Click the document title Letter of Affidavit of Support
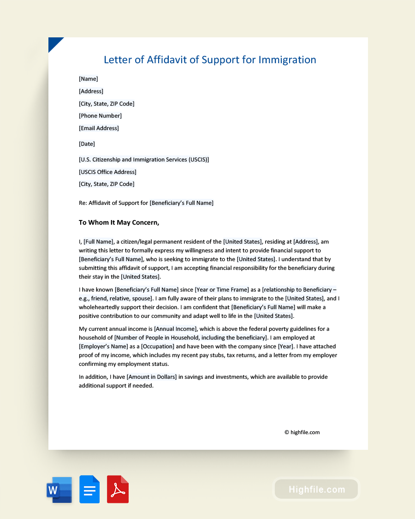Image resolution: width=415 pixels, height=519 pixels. pos(210,60)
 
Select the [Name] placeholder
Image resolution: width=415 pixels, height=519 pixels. pos(89,79)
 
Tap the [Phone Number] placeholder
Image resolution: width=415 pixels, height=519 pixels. pos(101,116)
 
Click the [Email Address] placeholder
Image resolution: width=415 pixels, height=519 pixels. pos(99,128)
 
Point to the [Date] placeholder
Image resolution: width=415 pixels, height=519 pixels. pos(87,144)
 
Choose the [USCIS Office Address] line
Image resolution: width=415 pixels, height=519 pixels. pos(108,172)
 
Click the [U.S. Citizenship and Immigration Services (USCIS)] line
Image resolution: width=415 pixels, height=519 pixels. pos(144,160)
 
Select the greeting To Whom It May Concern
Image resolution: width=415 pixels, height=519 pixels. pos(119,222)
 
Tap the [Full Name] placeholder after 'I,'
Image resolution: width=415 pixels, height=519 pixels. pos(98,242)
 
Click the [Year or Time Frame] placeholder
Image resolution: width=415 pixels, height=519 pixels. pos(222,290)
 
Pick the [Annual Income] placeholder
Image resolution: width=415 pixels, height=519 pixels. pos(176,329)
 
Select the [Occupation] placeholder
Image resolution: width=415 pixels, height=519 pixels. pos(158,346)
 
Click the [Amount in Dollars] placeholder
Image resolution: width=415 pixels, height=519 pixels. pos(152,377)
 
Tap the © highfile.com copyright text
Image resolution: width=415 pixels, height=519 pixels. pos(302,432)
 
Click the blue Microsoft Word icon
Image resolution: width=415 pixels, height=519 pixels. pos(59,489)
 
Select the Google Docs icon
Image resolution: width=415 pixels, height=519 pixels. pos(89,489)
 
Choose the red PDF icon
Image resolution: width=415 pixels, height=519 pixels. pos(118,489)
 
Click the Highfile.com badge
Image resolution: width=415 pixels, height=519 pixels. pos(316,489)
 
